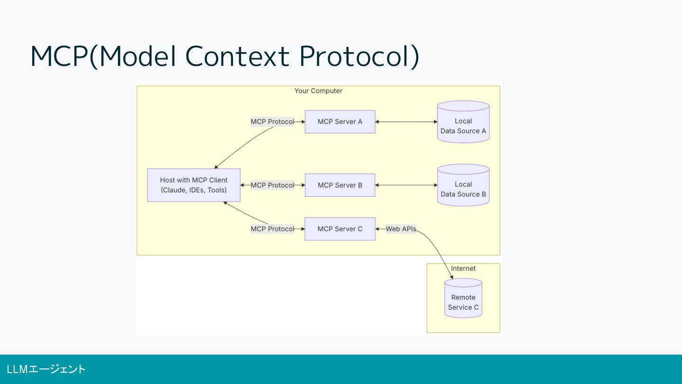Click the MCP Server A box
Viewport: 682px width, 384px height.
tap(340, 121)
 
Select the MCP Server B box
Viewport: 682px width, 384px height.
tap(340, 185)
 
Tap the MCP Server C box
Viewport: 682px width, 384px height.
tap(340, 229)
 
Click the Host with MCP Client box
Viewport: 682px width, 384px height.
tap(194, 185)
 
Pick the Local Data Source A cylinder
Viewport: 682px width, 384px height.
tap(463, 122)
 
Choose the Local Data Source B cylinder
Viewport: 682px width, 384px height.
tap(463, 185)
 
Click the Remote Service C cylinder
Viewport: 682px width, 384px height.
tap(463, 298)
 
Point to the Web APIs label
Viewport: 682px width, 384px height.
tap(401, 229)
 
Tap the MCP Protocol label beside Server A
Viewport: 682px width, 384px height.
tap(272, 121)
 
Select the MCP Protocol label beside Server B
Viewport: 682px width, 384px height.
tap(272, 185)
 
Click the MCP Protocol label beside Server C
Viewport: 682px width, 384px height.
tap(272, 229)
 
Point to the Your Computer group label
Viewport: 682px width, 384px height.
tap(318, 91)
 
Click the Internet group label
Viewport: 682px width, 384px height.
tap(463, 268)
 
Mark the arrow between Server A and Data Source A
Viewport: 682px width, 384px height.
tap(406, 121)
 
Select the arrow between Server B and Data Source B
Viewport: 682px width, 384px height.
tap(406, 185)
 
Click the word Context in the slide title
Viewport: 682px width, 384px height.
tap(237, 56)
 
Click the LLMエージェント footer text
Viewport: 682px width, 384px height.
tap(46, 369)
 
